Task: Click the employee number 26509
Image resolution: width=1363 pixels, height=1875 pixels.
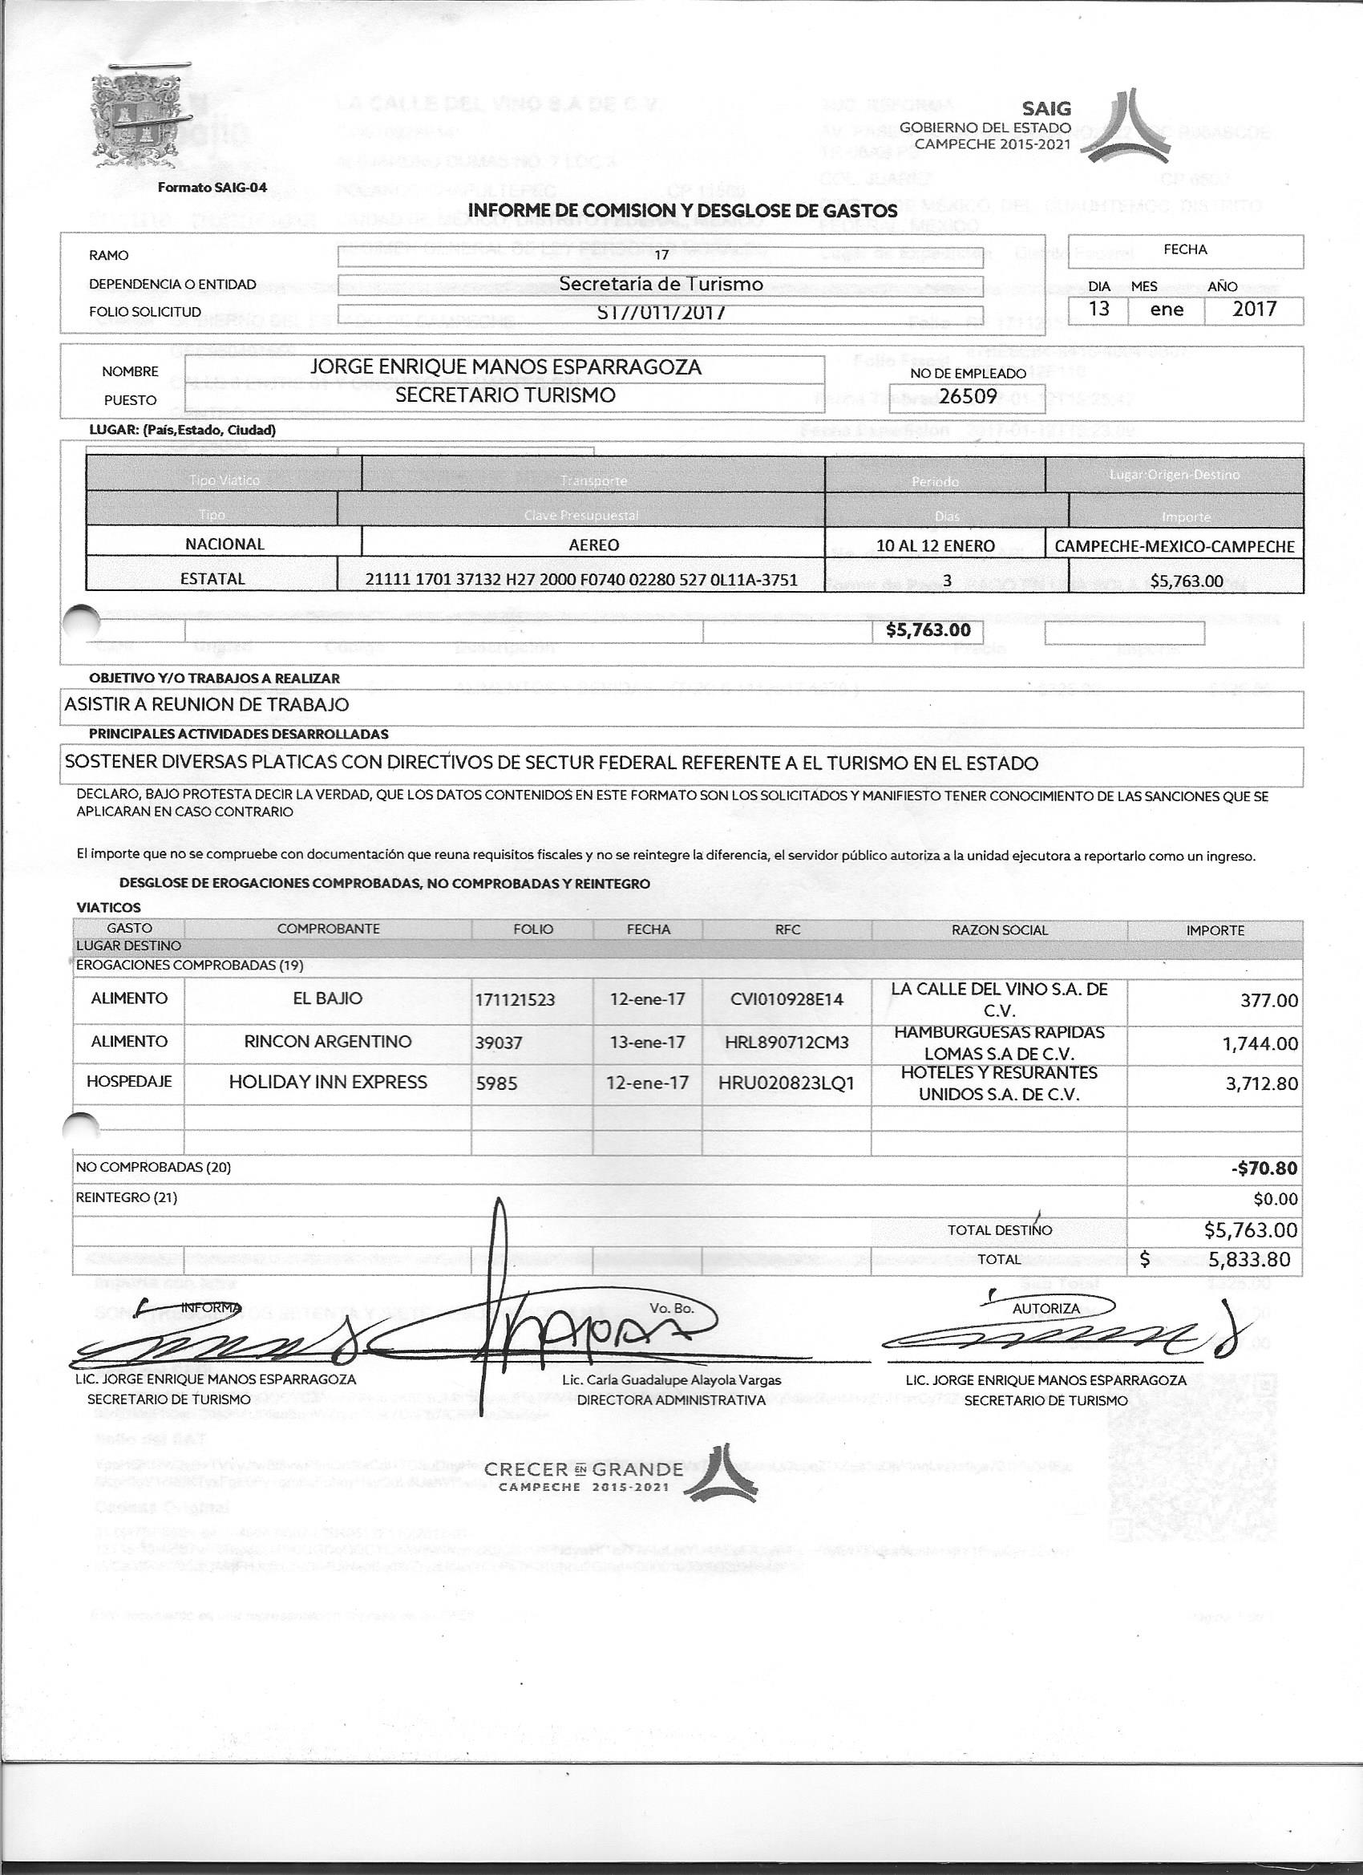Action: click(x=967, y=396)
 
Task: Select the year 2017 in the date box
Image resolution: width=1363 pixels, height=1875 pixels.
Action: click(x=1254, y=310)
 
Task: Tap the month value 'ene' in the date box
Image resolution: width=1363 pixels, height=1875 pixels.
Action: click(x=1167, y=310)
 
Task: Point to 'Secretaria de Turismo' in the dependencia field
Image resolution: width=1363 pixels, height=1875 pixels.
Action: click(x=661, y=284)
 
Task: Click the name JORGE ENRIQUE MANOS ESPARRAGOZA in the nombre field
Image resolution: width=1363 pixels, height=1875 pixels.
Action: click(x=505, y=366)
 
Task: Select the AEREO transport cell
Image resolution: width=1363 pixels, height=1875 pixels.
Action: click(x=593, y=545)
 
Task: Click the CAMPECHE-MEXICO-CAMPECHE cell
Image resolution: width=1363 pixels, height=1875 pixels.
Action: click(x=1174, y=546)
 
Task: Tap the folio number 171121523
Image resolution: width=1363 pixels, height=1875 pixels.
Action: click(x=515, y=999)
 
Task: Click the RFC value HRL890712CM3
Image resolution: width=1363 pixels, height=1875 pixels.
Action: click(x=786, y=1042)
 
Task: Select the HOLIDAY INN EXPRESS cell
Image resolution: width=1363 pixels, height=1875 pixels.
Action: click(x=327, y=1082)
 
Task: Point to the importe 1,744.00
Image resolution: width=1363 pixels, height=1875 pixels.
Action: click(x=1260, y=1043)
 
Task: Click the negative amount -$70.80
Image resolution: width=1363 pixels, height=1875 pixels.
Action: click(x=1264, y=1168)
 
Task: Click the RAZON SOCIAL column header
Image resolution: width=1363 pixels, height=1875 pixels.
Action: click(x=999, y=929)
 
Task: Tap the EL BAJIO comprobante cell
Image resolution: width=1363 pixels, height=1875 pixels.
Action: click(x=327, y=998)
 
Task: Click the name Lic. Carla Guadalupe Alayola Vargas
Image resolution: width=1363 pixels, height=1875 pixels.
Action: click(x=670, y=1380)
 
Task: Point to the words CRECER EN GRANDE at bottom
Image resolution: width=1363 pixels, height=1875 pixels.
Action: click(x=584, y=1469)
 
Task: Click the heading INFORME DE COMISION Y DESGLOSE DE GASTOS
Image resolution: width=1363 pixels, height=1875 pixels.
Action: click(x=682, y=211)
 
